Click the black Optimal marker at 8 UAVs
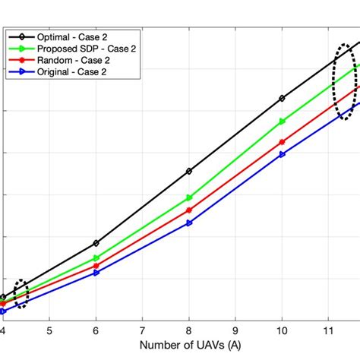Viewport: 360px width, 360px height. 189,171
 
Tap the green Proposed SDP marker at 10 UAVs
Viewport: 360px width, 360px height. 283,121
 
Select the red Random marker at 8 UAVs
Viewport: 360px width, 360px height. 189,210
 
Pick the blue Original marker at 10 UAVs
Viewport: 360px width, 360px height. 283,154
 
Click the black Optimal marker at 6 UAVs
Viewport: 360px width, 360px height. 96,243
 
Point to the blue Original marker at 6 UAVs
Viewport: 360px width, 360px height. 96,272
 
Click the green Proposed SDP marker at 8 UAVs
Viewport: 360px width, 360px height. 189,197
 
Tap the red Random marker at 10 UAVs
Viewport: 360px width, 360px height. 283,142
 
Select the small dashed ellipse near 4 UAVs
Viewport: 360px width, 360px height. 21,293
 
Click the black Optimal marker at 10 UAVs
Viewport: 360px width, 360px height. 283,98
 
